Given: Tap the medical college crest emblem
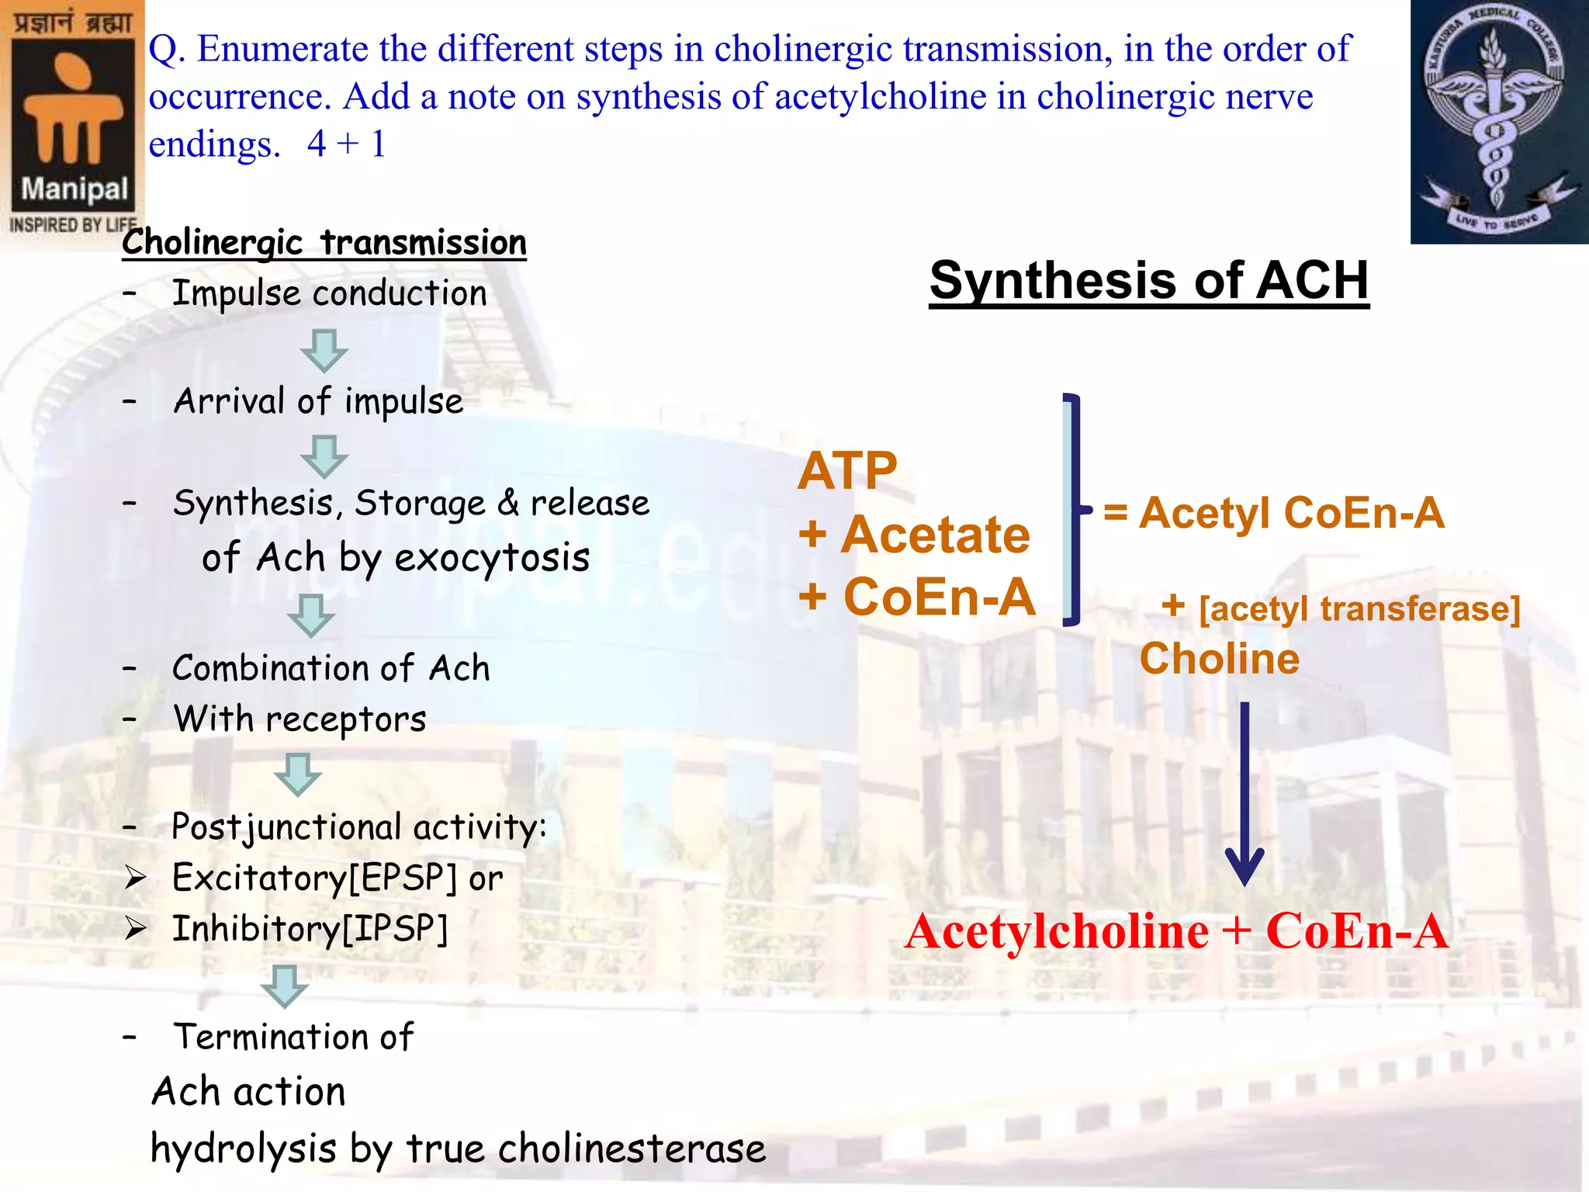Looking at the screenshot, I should (1498, 122).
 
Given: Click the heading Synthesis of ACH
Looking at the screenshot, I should (1149, 280).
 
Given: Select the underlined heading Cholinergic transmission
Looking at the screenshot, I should (324, 242).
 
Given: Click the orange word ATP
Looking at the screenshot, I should (847, 471).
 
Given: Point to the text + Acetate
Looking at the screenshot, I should (915, 535).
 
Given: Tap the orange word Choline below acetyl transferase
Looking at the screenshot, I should (1219, 659).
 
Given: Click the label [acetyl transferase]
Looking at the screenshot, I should (1359, 608).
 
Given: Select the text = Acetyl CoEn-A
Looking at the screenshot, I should (1274, 513).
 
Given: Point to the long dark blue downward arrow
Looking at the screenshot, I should (1245, 792).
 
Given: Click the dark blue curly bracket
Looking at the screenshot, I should (1075, 509).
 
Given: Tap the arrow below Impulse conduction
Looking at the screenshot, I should (324, 350).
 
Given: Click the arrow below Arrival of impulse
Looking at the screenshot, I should (324, 456).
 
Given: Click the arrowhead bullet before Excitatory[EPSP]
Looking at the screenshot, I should (136, 878).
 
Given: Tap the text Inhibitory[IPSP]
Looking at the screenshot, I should (310, 929).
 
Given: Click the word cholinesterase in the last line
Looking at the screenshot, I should (632, 1149).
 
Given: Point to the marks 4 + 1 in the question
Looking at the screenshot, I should (346, 144).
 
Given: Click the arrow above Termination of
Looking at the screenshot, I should (284, 986).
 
